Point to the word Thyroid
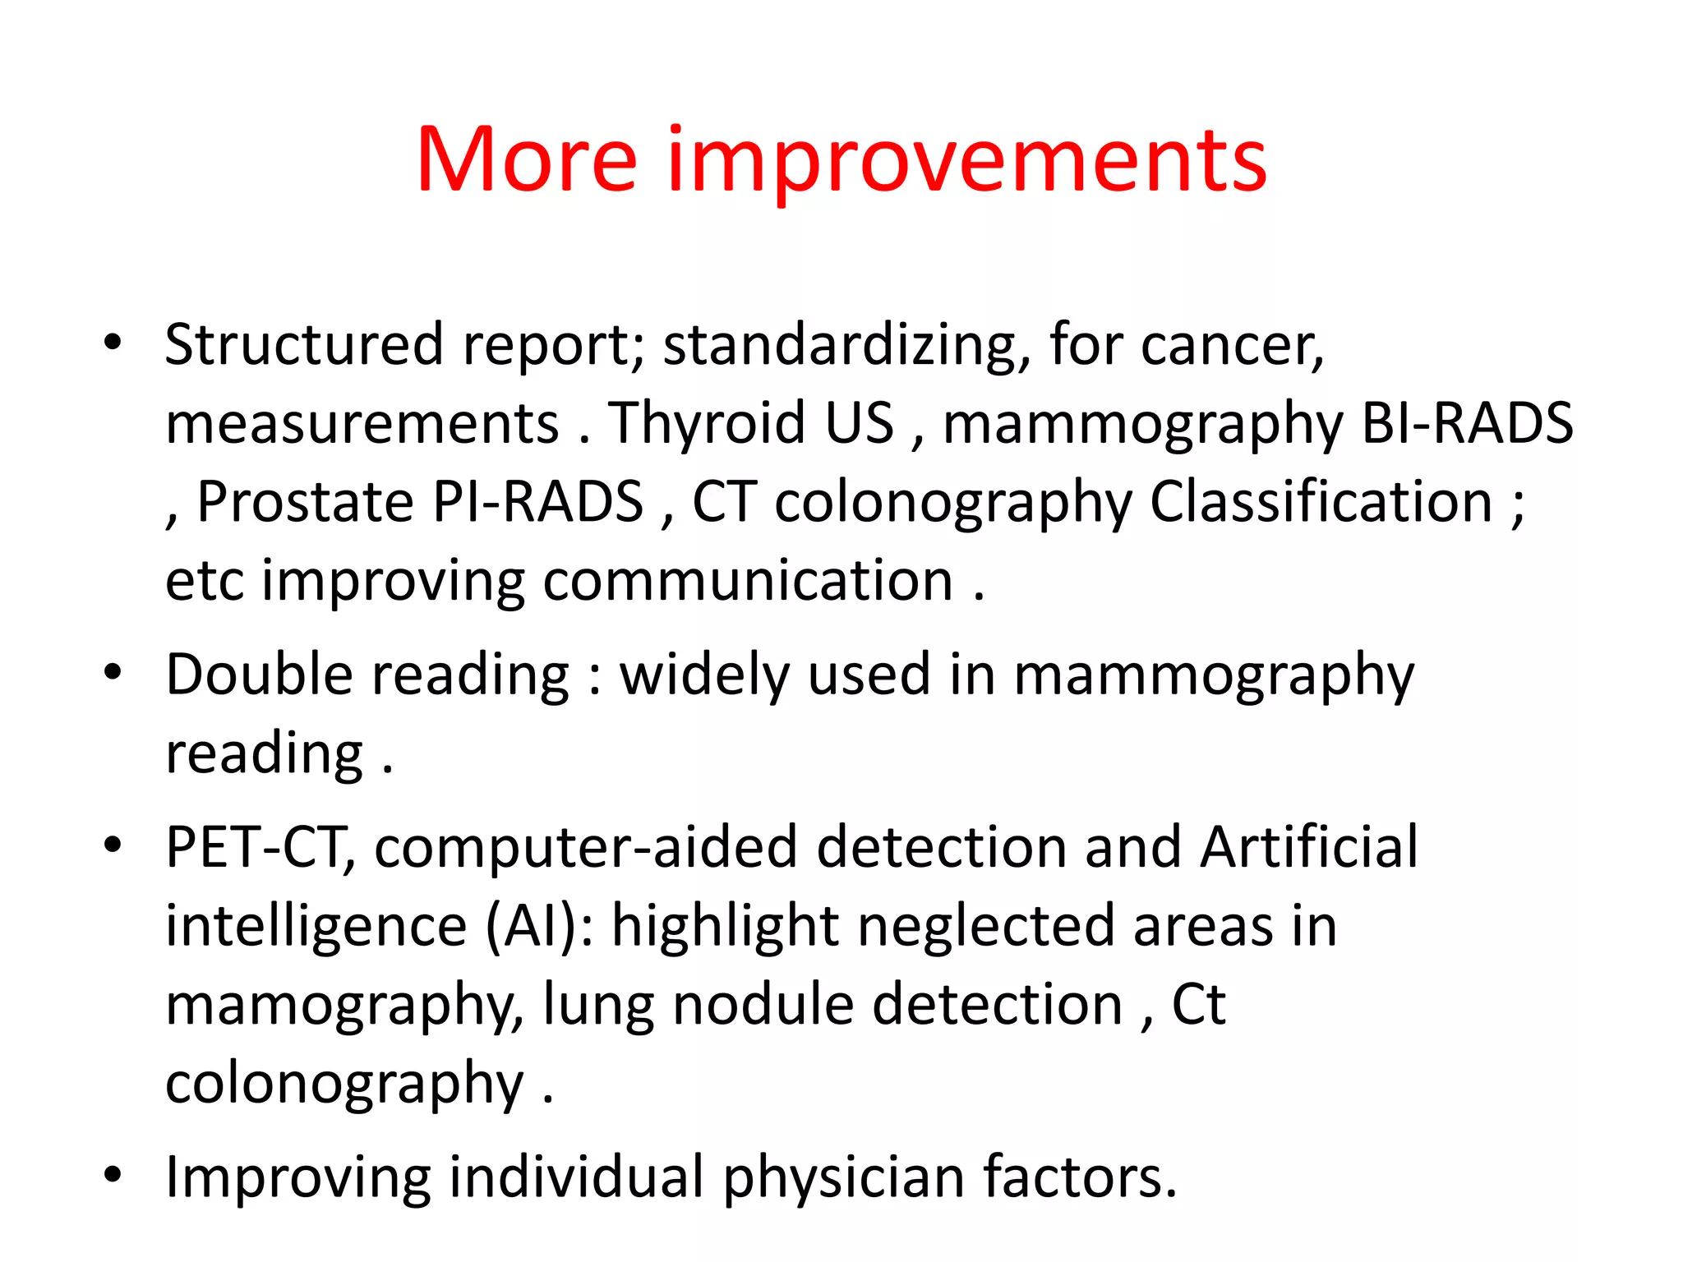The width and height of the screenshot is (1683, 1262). (706, 424)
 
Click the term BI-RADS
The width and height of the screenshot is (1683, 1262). (1467, 424)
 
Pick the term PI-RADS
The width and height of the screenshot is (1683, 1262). (537, 502)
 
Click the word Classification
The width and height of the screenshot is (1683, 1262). (1321, 502)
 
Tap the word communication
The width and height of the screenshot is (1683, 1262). (748, 581)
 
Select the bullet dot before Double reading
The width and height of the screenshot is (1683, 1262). (113, 672)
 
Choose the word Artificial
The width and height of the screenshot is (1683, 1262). (1308, 848)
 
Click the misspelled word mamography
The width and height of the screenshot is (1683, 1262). (344, 1006)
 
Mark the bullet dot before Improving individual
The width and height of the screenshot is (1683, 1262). (113, 1175)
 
